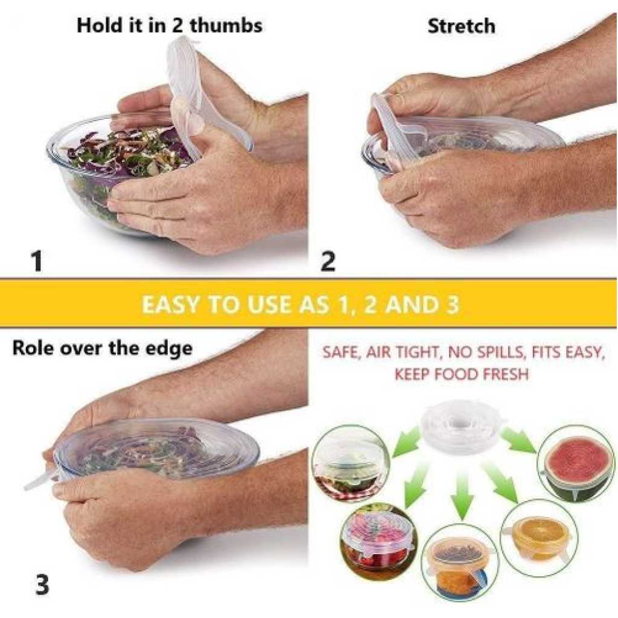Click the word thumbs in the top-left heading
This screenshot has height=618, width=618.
pos(226,25)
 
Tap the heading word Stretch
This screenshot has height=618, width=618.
pos(461,26)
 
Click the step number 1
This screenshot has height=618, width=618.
pos(37,261)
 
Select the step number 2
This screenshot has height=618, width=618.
pos(328,261)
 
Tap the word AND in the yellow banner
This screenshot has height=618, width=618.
pos(407,304)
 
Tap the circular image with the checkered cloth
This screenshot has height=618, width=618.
pos(350,463)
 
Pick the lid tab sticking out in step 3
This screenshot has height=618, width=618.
pos(39,480)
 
